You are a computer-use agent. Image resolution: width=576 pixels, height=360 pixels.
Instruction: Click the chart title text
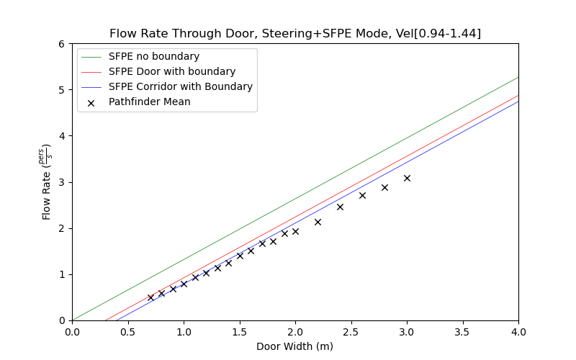point(295,34)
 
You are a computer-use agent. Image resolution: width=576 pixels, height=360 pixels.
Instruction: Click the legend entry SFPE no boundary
point(154,56)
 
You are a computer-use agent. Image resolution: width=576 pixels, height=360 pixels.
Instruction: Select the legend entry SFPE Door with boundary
point(172,71)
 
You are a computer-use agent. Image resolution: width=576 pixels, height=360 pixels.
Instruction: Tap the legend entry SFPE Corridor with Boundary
point(181,86)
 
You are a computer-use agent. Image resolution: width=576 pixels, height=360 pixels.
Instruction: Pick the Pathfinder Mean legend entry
point(150,102)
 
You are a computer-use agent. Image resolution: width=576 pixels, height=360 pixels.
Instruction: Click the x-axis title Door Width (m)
point(295,346)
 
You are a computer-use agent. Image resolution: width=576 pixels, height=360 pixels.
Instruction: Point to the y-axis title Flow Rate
point(48,181)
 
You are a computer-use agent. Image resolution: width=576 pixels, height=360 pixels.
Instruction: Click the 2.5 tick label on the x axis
point(351,332)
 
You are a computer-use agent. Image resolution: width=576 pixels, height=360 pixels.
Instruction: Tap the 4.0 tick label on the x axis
point(518,332)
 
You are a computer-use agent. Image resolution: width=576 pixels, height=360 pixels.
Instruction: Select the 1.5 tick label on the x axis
point(239,332)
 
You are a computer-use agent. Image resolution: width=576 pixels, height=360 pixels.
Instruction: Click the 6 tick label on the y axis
point(62,44)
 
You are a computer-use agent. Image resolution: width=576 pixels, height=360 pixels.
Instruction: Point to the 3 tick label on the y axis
point(62,182)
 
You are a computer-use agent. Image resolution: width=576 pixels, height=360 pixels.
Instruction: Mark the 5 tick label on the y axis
point(62,90)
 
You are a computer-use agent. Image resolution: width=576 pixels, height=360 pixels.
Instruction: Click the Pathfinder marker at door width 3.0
point(407,178)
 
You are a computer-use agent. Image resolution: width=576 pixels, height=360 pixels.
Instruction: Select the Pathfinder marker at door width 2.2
point(318,222)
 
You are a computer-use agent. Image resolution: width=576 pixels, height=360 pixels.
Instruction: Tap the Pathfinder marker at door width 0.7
point(150,297)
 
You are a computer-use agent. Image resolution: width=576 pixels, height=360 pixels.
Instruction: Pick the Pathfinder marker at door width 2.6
point(362,195)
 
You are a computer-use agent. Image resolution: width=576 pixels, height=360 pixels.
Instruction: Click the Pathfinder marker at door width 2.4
point(340,207)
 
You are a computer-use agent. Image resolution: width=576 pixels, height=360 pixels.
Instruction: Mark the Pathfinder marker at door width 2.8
point(384,187)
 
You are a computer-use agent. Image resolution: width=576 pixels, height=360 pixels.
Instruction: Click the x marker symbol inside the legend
point(91,102)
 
